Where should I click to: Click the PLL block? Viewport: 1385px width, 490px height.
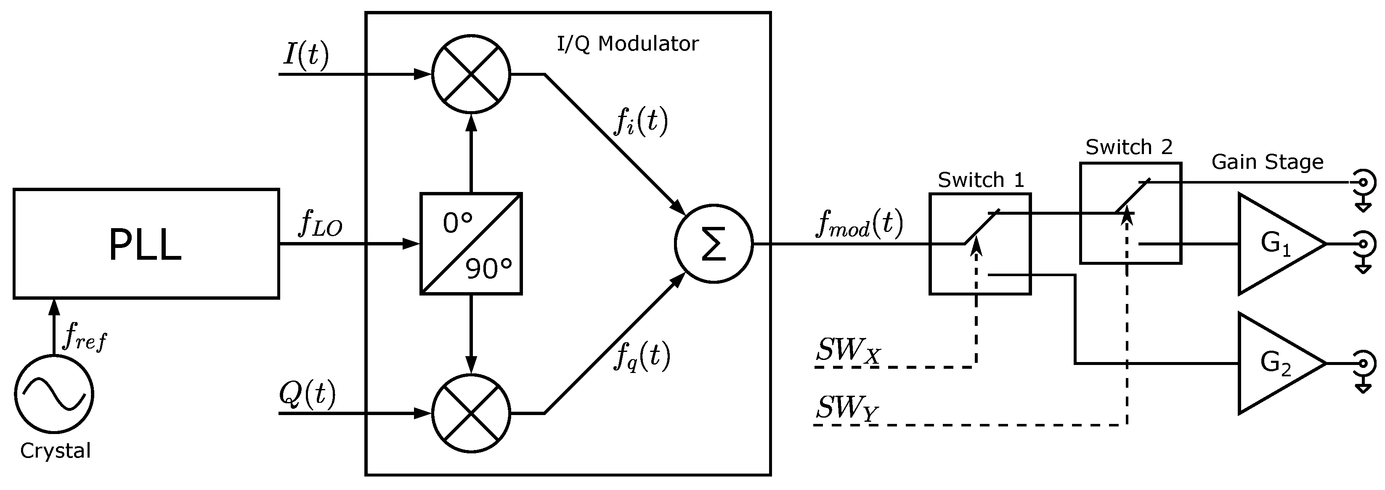pyautogui.click(x=146, y=244)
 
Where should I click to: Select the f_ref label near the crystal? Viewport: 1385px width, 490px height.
pyautogui.click(x=85, y=338)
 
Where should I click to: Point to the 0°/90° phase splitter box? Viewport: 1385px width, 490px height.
pyautogui.click(x=471, y=244)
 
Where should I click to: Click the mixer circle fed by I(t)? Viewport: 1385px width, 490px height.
pyautogui.click(x=471, y=74)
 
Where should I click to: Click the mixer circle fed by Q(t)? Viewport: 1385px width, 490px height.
pyautogui.click(x=471, y=413)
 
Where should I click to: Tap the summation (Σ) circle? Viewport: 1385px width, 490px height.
pyautogui.click(x=714, y=244)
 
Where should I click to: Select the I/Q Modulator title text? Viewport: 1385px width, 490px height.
pyautogui.click(x=627, y=43)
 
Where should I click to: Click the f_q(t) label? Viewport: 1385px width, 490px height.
pyautogui.click(x=642, y=356)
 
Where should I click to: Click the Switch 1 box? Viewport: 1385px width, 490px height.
pyautogui.click(x=979, y=244)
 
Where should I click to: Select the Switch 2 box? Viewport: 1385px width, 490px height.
pyautogui.click(x=1130, y=213)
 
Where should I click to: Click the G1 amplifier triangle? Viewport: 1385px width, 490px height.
pyautogui.click(x=1274, y=244)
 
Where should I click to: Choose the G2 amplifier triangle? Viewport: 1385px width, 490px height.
pyautogui.click(x=1274, y=364)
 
